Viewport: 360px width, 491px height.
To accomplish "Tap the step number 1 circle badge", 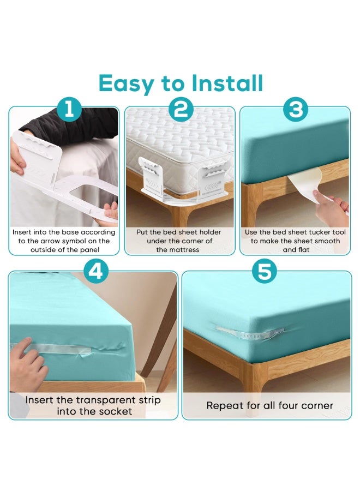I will point(69,110).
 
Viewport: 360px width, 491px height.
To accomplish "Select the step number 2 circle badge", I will point(181,110).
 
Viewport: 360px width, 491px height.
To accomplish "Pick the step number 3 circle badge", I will point(295,110).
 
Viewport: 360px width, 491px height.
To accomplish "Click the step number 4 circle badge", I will point(95,272).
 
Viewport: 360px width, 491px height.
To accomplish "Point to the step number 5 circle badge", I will point(264,272).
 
